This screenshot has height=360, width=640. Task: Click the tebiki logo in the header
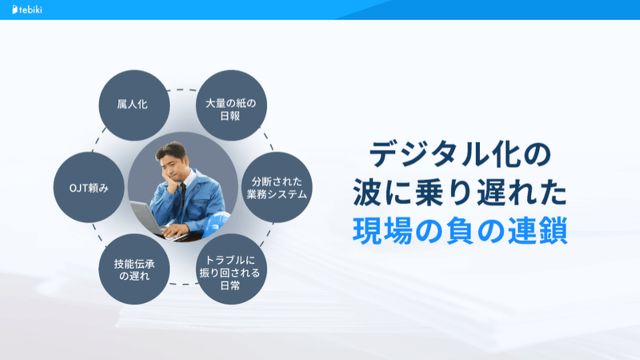coord(27,10)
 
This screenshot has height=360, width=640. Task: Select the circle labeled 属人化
coord(134,105)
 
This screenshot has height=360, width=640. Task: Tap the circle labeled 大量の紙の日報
coord(232,105)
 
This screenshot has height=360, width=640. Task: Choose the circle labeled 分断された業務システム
coord(277,188)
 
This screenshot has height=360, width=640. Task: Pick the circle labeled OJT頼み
coord(89,188)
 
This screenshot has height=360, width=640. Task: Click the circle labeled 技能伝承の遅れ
coord(134,269)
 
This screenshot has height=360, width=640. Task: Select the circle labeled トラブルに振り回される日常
coord(232,269)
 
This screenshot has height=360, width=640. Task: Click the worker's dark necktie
coord(183,197)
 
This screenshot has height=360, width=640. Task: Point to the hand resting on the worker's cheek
coord(168,183)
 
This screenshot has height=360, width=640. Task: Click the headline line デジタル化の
coord(460,154)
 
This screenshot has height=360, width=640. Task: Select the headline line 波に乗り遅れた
coord(460,192)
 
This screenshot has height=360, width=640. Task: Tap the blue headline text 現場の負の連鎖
coord(460,231)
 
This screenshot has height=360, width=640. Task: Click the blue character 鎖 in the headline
coord(553,231)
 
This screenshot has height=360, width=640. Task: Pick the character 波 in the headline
coord(368,192)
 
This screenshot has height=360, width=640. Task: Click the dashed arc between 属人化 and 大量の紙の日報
coord(183,90)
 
